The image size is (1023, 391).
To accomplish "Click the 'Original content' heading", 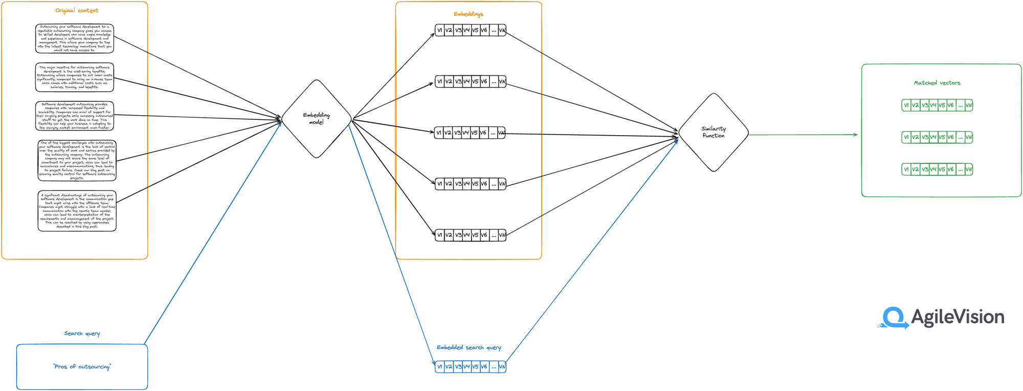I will pos(77,10).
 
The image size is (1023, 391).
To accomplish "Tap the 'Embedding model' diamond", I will pos(316,119).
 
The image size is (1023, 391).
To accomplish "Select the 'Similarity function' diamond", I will pos(713,132).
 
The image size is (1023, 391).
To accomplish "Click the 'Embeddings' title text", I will pos(468,14).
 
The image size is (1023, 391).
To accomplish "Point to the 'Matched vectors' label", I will pos(937,82).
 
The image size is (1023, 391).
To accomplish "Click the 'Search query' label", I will pos(82,333).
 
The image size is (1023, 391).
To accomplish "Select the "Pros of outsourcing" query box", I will pos(82,366).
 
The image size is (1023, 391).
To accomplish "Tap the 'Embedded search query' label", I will pos(469,347).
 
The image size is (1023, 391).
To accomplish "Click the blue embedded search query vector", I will pos(471,366).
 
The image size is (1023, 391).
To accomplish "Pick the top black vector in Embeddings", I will pos(471,30).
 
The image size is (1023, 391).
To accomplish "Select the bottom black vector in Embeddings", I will pos(471,235).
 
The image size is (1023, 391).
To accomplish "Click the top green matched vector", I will pos(937,105).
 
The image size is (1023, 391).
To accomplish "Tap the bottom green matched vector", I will pos(937,169).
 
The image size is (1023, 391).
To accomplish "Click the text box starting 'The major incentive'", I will pos(75,77).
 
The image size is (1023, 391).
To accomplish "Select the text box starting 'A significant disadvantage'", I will pos(77,211).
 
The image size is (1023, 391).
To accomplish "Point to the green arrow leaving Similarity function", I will pos(803,135).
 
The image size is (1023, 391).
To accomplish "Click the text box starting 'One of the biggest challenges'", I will pos(77,160).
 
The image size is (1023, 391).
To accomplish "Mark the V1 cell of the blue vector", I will pos(439,366).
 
